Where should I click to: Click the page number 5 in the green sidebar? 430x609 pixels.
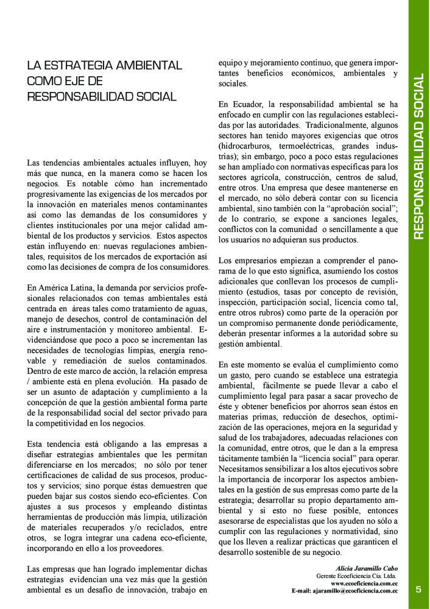(418, 589)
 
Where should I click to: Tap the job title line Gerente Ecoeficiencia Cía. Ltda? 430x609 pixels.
(356, 576)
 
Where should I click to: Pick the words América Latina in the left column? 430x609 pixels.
(61, 287)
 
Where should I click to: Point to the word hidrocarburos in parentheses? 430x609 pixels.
(245, 147)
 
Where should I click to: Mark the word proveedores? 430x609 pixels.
(139, 548)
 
